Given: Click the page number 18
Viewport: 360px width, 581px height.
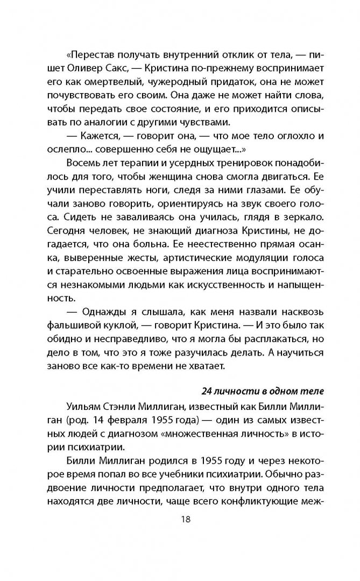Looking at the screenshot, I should point(180,520).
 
